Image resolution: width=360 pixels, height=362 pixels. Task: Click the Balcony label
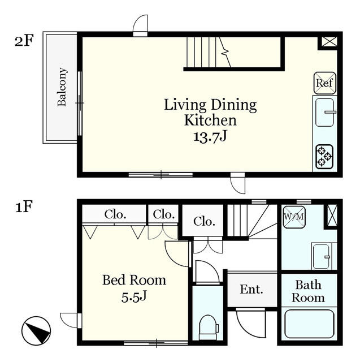coord(62,87)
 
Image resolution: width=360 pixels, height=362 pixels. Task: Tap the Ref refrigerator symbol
coord(325,83)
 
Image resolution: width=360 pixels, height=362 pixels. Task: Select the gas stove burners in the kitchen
coord(324,157)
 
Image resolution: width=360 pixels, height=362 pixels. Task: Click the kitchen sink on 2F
coord(325,113)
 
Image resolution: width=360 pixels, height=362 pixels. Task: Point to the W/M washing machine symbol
coord(294,217)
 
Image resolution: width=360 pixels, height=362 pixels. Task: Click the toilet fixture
coord(208,327)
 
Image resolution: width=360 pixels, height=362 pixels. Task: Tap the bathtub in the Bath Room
coord(309,324)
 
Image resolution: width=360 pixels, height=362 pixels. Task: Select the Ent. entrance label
coord(251,289)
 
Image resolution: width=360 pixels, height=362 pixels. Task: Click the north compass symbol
coord(36,330)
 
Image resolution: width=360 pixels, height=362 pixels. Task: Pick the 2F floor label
coord(24,40)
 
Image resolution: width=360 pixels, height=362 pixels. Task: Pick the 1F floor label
coord(24,206)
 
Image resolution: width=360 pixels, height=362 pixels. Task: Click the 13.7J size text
coord(210,137)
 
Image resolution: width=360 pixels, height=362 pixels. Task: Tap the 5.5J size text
coord(134,296)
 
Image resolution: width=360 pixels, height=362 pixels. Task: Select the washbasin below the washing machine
coord(322,256)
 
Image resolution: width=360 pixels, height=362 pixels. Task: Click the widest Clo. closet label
coord(115,214)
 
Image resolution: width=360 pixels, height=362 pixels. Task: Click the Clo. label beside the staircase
coord(205,221)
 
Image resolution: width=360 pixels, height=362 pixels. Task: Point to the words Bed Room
coord(134,280)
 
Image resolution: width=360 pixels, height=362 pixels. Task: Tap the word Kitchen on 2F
coord(210,120)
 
